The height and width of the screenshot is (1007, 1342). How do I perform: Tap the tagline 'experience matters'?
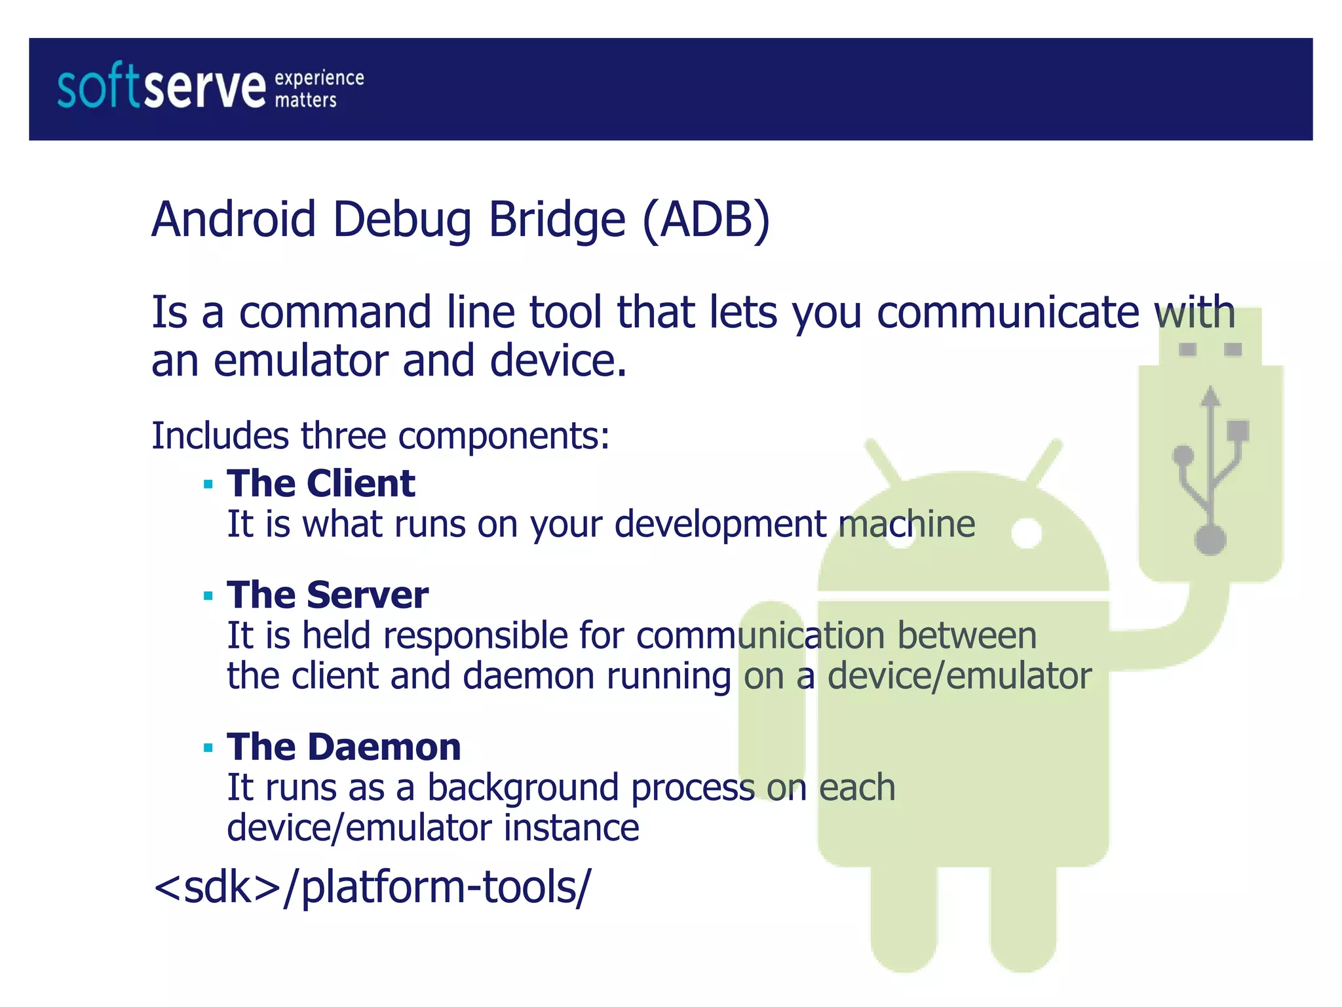pyautogui.click(x=318, y=89)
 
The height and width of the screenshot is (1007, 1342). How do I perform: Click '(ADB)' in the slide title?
pyautogui.click(x=706, y=219)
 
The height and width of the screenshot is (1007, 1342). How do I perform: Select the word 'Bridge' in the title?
pyautogui.click(x=557, y=219)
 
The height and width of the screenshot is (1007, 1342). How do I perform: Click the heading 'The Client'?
pyautogui.click(x=320, y=484)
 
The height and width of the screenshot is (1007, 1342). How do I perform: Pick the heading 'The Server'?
pyautogui.click(x=328, y=595)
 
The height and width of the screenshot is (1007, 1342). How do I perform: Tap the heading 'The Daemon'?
pyautogui.click(x=343, y=747)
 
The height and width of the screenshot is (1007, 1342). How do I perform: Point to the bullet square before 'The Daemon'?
pyautogui.click(x=208, y=748)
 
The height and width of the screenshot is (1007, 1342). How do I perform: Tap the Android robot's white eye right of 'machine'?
pyautogui.click(x=1026, y=532)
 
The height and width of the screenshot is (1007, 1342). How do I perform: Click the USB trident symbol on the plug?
pyautogui.click(x=1210, y=469)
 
